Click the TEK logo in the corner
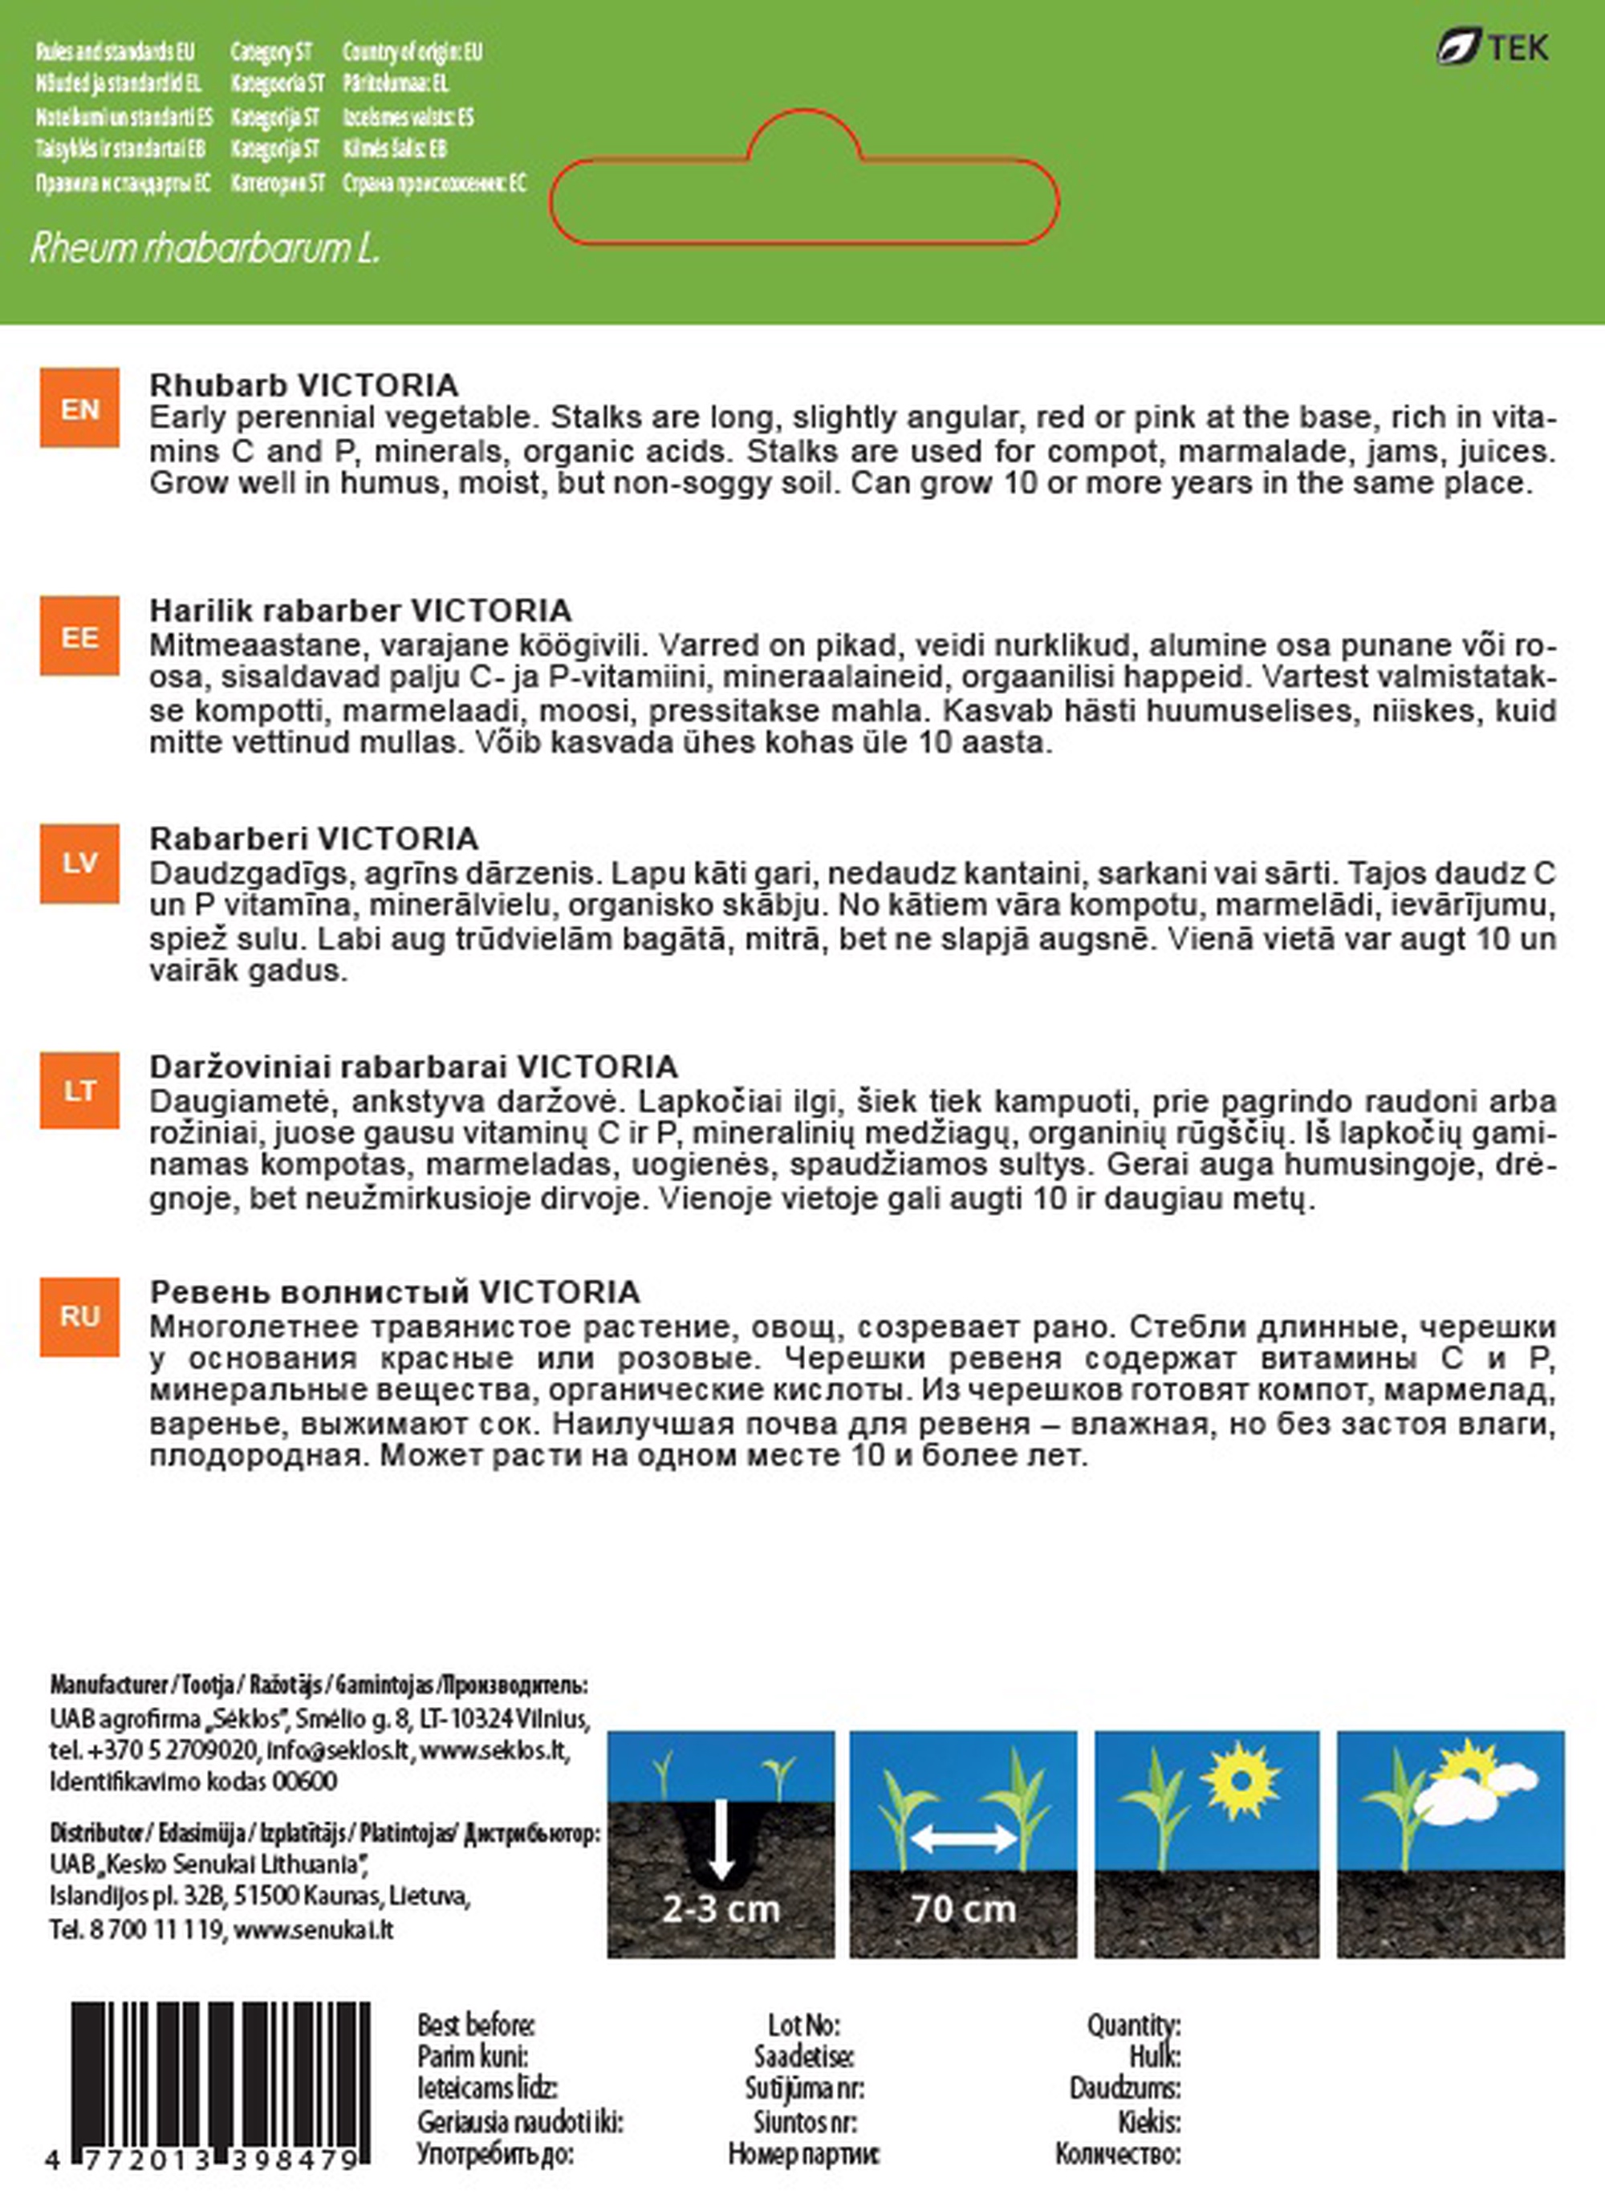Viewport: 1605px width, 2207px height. (1492, 47)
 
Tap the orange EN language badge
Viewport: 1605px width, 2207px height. (79, 408)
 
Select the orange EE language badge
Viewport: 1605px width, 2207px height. (79, 636)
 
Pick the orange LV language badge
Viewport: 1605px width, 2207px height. (79, 864)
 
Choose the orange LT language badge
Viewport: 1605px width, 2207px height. (79, 1090)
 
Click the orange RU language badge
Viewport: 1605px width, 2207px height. (79, 1317)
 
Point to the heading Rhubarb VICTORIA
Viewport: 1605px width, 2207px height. (303, 385)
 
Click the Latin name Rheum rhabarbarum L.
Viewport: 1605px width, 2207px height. (205, 249)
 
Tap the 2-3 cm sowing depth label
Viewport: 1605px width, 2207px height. (721, 1909)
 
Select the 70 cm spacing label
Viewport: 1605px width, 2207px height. (963, 1909)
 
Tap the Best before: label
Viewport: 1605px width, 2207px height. (475, 2025)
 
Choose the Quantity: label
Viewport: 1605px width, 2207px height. (1133, 2025)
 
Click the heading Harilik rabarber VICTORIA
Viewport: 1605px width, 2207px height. (360, 611)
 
